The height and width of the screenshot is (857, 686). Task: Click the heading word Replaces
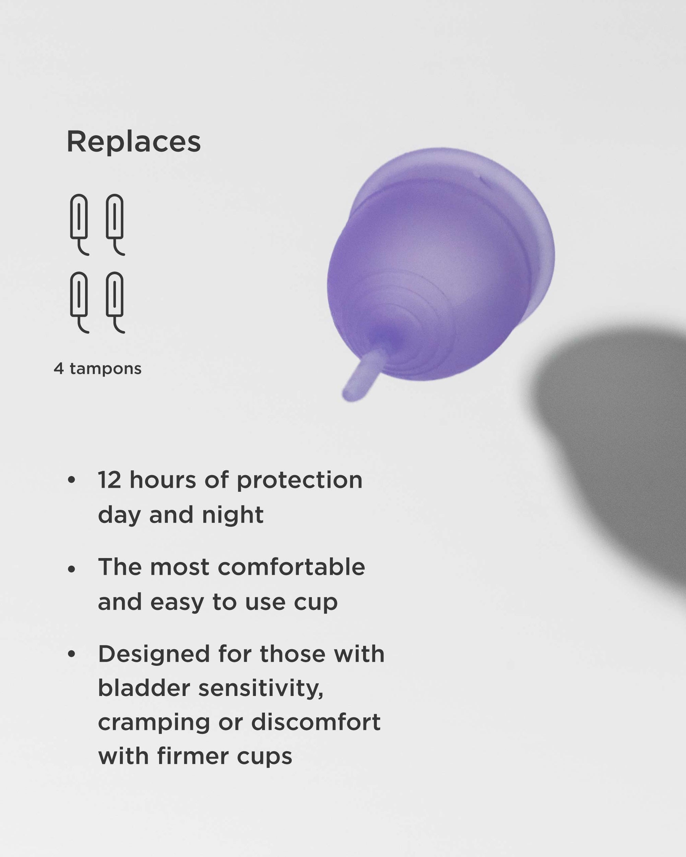tap(134, 142)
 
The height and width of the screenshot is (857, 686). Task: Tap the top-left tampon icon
tap(79, 222)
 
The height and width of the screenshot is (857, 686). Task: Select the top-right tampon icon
tap(115, 222)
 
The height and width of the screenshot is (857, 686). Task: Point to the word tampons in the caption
tap(105, 369)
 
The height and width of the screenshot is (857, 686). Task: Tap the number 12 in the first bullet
tap(109, 480)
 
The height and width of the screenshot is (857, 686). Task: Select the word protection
tap(299, 481)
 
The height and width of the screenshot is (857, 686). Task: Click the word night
tap(233, 516)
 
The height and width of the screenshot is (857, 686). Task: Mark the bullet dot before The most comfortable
tap(72, 569)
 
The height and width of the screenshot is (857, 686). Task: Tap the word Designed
tap(154, 655)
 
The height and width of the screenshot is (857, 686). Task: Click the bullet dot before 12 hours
tap(72, 480)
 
